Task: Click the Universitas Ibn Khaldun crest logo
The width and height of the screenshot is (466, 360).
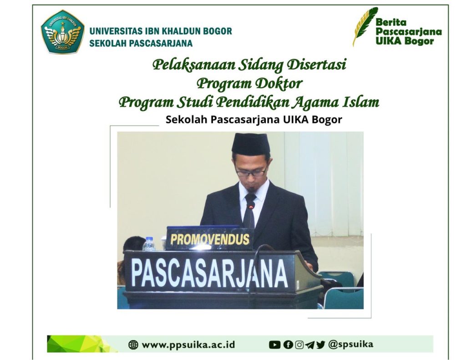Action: tap(62, 32)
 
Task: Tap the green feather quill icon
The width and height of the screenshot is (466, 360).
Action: tap(365, 26)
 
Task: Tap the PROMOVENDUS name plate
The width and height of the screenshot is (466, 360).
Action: tap(210, 239)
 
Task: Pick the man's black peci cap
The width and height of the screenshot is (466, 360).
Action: tap(251, 144)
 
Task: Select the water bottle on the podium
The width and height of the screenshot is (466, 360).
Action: tap(149, 244)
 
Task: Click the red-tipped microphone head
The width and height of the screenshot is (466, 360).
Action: tap(251, 206)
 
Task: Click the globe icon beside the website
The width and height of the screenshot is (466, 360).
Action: tap(133, 345)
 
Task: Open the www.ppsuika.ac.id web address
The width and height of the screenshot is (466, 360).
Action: tap(188, 345)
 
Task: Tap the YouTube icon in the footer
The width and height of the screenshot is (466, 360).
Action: tap(274, 345)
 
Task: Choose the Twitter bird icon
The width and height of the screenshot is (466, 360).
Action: tap(321, 345)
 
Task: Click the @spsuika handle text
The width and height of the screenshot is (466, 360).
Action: tap(351, 345)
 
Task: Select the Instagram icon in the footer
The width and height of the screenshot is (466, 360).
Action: tap(299, 345)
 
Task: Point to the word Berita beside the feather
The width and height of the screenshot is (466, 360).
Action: tap(391, 22)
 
